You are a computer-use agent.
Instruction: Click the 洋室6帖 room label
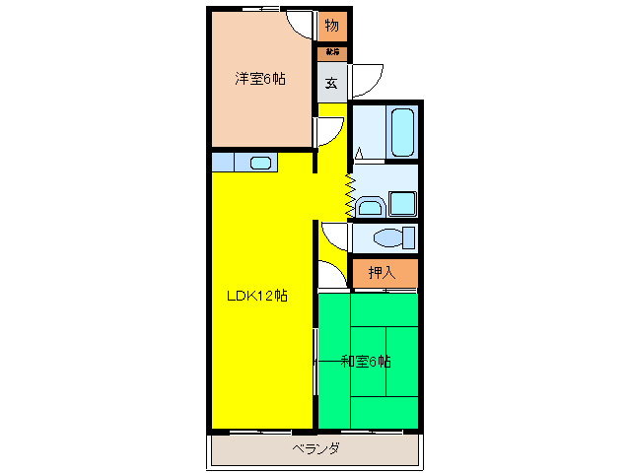click(x=260, y=79)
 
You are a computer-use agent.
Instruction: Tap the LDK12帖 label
click(x=257, y=296)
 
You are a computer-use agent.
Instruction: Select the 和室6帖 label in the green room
click(x=366, y=361)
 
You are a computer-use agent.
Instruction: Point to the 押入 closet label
click(x=382, y=272)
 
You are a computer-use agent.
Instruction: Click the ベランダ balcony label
click(x=315, y=449)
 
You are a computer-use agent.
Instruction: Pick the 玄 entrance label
click(x=330, y=83)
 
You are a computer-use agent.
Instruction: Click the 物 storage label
click(x=331, y=26)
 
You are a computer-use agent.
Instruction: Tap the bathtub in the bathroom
click(x=402, y=133)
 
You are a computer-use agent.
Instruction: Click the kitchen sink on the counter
click(x=260, y=163)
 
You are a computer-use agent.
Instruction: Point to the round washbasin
click(x=371, y=206)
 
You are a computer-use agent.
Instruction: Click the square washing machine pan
click(x=402, y=204)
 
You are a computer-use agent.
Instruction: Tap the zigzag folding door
click(x=348, y=194)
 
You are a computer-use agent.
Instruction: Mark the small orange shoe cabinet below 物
click(x=331, y=52)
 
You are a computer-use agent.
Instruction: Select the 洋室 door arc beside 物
click(x=300, y=24)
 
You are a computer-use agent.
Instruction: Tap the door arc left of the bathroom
click(x=329, y=132)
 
